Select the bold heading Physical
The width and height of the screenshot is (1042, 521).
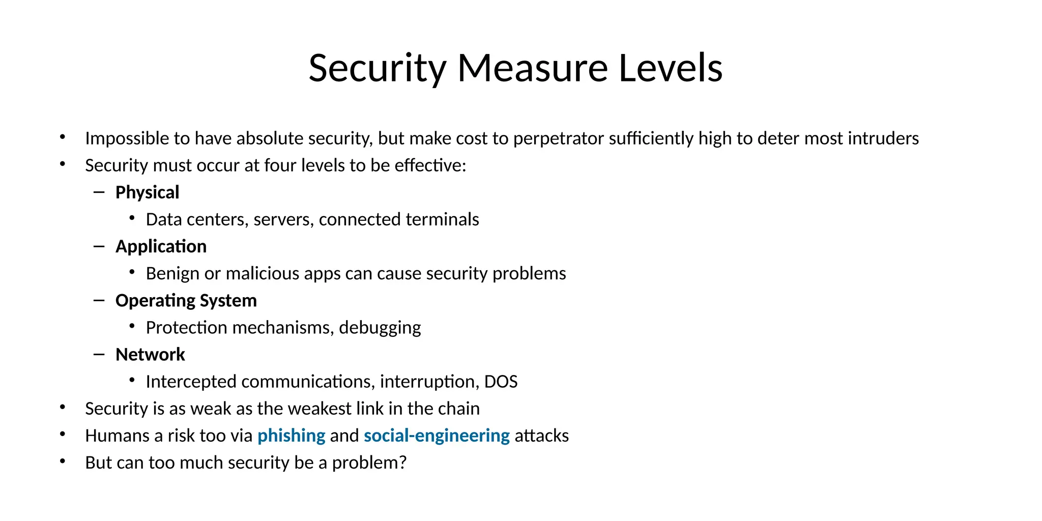tap(147, 192)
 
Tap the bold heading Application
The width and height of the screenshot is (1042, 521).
tap(161, 246)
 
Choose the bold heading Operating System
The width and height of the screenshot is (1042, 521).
tap(186, 301)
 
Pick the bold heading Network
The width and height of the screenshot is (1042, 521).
tap(150, 355)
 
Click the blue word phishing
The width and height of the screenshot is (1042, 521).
tap(291, 436)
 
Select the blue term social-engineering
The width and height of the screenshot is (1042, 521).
tap(437, 436)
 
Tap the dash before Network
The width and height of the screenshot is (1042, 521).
tap(99, 354)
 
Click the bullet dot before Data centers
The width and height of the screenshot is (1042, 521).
tap(132, 218)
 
